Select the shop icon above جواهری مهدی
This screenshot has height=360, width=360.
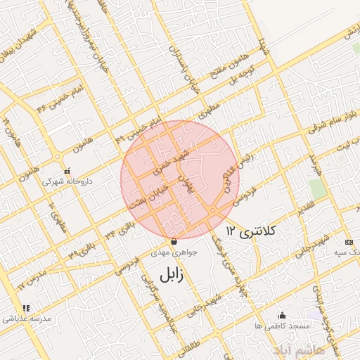tap(174, 242)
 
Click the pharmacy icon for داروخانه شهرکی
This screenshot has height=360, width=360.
tap(67, 171)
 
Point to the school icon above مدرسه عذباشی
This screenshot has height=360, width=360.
tap(26, 308)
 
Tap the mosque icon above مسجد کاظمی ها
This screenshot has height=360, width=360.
tap(283, 316)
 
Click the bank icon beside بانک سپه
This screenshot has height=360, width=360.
tap(349, 242)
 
